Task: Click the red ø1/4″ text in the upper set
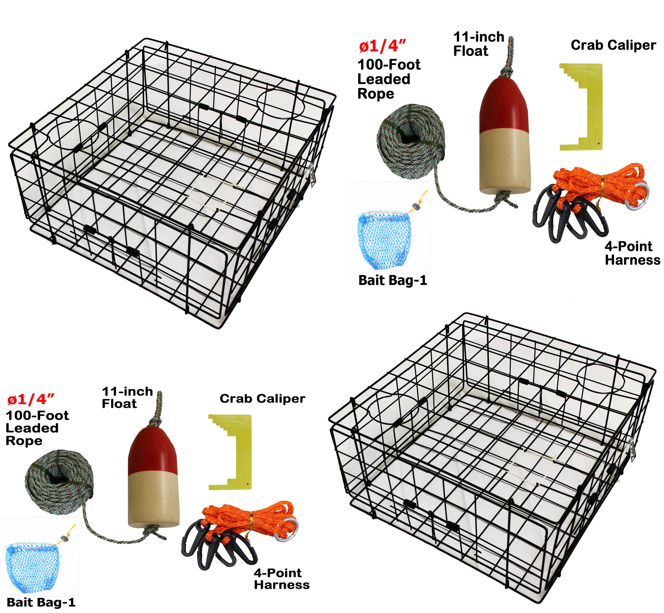point(382,46)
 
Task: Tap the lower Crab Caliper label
point(262,398)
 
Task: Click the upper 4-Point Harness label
point(632,253)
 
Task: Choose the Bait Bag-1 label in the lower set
point(41,602)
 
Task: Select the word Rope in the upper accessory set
point(375,94)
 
